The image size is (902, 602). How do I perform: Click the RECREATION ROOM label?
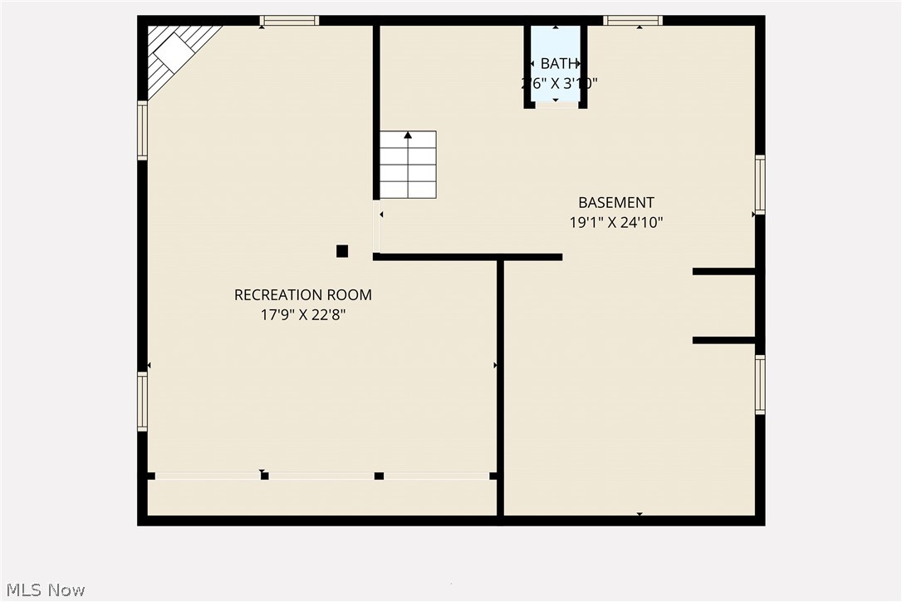(x=302, y=294)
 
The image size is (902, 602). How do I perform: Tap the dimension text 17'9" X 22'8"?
(x=302, y=315)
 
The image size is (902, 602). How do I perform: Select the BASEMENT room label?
(x=616, y=202)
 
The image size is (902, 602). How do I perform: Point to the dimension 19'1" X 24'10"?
(x=616, y=223)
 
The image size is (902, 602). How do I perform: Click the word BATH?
(x=556, y=63)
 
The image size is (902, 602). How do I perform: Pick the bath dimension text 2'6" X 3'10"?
(x=559, y=83)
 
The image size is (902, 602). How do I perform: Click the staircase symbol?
(x=408, y=165)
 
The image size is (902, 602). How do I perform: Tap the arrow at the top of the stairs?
(x=408, y=135)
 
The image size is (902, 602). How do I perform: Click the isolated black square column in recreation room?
(x=342, y=251)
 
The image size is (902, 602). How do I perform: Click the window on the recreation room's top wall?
(x=289, y=21)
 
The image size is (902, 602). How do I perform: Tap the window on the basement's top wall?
(x=633, y=21)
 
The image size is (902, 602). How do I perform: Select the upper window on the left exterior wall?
(x=142, y=131)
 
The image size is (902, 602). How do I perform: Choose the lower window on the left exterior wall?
(x=142, y=402)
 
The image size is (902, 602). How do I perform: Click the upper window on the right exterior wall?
(x=760, y=185)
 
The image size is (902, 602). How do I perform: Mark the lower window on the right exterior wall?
(x=760, y=384)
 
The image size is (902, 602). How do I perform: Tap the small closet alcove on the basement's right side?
(x=724, y=305)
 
